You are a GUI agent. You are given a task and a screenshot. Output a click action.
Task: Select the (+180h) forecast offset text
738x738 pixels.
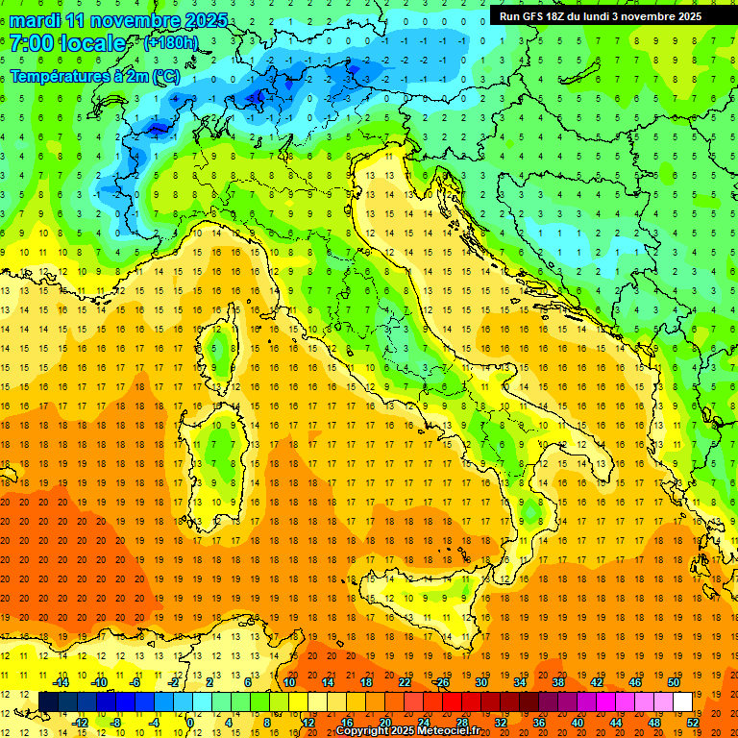coord(171,42)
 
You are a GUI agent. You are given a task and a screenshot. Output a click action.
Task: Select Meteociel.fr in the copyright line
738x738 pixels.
coord(455,731)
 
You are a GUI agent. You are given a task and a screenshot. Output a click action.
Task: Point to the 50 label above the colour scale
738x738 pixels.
coord(673,682)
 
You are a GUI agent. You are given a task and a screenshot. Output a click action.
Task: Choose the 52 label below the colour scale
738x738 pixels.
coord(693,722)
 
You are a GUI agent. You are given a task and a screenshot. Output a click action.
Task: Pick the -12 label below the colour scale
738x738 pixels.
coord(80,722)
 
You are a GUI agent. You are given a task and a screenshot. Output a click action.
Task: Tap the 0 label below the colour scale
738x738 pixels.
coord(191,722)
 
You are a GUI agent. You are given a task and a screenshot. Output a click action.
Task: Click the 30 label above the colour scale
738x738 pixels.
coord(480,682)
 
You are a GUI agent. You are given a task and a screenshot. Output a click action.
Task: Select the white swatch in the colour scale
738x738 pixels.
coord(682,701)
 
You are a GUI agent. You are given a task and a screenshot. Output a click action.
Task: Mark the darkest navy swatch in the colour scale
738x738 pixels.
coord(48,701)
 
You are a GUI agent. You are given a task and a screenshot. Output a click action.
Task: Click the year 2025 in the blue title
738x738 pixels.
coord(206,20)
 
